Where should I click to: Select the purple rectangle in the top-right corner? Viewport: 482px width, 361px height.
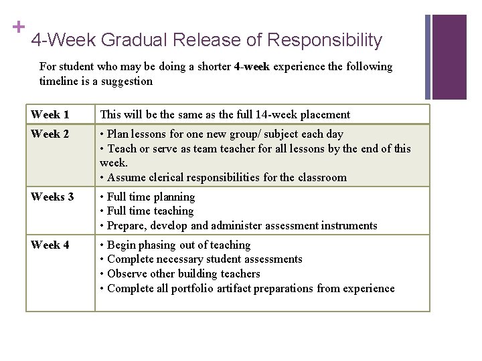[449, 57]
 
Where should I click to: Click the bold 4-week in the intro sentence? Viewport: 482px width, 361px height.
[251, 67]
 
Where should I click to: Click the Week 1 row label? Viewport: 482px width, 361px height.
[50, 115]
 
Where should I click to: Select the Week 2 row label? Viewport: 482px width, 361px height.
[50, 134]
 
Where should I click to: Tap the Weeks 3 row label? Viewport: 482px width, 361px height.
[53, 197]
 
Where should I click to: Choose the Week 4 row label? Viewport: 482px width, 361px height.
[50, 245]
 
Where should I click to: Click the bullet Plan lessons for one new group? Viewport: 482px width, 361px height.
[221, 134]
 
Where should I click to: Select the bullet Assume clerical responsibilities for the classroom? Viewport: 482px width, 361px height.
[226, 177]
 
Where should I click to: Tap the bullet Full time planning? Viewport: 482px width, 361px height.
[151, 197]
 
